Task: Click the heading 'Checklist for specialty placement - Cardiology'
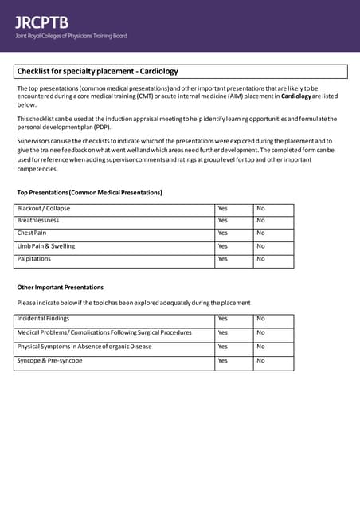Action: coord(97,71)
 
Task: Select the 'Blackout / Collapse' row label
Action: coord(44,209)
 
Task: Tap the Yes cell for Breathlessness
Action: coord(223,221)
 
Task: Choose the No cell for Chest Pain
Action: coord(260,233)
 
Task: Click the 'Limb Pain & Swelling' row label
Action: coord(46,246)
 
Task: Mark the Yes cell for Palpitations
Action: coord(223,259)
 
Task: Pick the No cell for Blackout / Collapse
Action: coord(260,209)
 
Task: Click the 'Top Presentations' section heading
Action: coord(89,193)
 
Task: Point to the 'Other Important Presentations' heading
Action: coord(61,287)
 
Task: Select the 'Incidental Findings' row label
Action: coord(44,319)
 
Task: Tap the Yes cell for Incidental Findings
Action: coord(223,319)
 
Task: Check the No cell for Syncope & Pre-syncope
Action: coord(260,361)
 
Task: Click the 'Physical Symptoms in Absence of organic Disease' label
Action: coord(84,347)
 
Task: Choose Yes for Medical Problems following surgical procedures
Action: coord(223,332)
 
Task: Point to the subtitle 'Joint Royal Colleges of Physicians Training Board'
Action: coord(71,36)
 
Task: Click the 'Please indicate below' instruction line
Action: coord(134,303)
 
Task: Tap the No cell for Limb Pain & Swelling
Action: coord(260,246)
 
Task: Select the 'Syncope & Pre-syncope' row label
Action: coord(49,361)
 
